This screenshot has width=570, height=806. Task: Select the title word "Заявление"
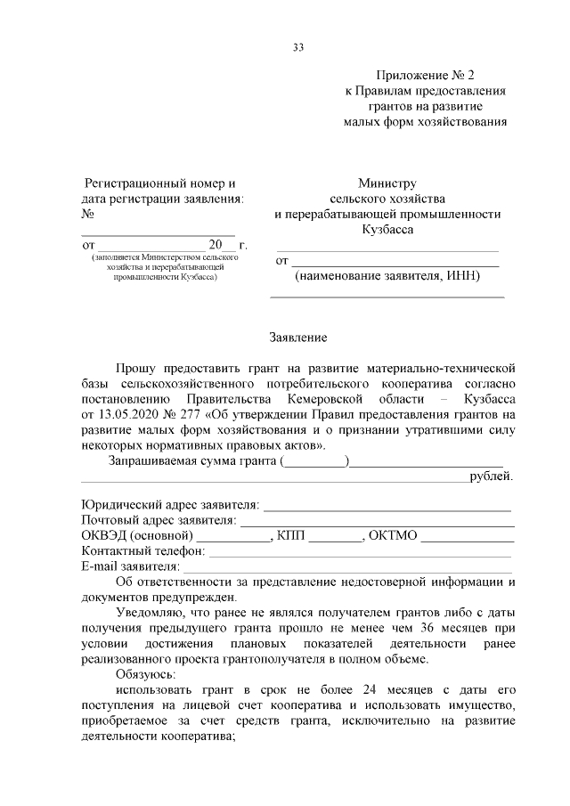tap(299, 338)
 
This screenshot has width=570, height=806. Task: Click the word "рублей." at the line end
tap(492, 476)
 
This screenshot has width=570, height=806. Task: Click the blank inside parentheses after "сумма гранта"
tap(315, 460)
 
